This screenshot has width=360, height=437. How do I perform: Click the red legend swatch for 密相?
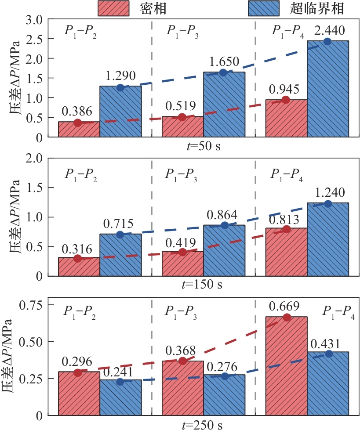[113, 8]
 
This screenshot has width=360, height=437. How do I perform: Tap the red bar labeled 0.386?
[79, 129]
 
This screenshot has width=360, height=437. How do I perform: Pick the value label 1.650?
[223, 61]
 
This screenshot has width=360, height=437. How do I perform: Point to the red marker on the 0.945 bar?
[286, 100]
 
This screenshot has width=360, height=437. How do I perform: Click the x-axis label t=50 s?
[202, 146]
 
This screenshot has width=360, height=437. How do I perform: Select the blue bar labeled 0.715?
[120, 255]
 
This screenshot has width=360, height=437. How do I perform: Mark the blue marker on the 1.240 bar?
[327, 203]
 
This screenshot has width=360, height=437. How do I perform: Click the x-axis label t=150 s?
[202, 285]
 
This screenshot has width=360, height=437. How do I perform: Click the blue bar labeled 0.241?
[120, 397]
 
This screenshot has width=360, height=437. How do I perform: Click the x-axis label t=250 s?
[202, 425]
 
